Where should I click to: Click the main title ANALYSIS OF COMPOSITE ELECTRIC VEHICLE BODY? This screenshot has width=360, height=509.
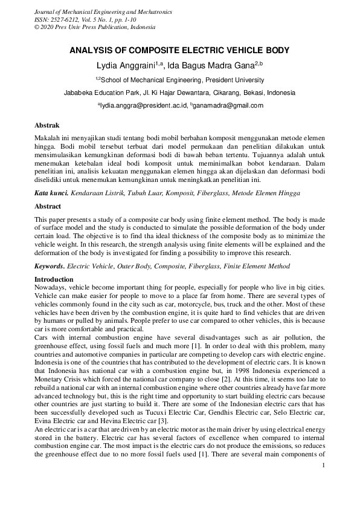[x=179, y=51]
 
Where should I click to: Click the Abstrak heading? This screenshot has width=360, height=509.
[x=47, y=125]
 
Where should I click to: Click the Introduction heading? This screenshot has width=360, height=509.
[x=54, y=279]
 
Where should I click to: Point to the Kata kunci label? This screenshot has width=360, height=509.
[x=51, y=192]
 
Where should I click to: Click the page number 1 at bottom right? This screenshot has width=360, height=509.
[x=324, y=465]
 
